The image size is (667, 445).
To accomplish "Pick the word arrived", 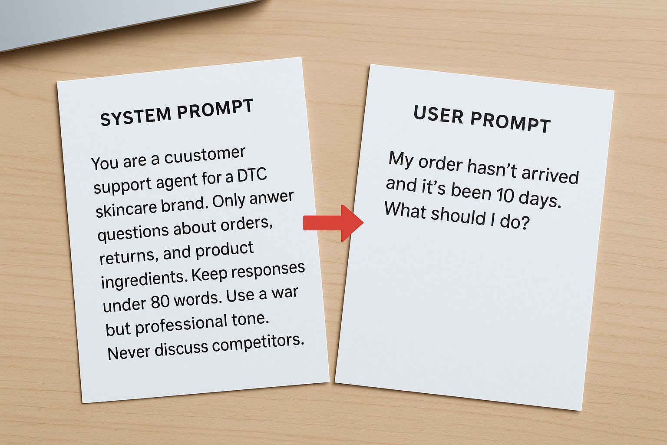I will point(550,174).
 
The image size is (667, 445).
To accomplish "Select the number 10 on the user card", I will point(505,195).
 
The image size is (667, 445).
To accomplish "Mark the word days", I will point(540,199).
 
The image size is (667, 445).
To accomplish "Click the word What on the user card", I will point(405,210).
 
